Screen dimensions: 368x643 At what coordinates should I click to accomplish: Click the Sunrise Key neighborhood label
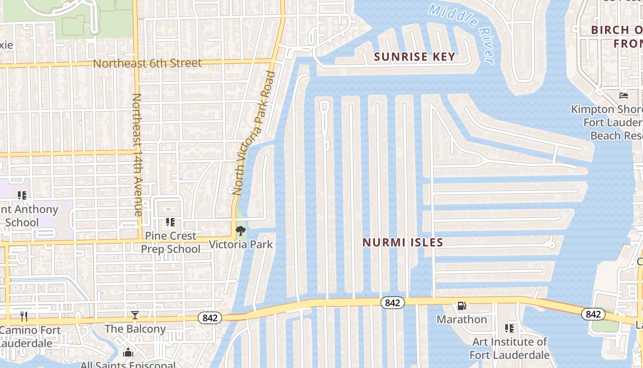click(x=414, y=57)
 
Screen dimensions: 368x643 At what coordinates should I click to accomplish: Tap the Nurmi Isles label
click(x=403, y=242)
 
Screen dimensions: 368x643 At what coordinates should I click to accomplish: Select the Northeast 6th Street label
click(x=147, y=63)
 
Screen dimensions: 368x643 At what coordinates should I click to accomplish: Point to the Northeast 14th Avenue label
click(x=137, y=155)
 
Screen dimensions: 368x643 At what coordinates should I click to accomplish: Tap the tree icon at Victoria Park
click(x=240, y=231)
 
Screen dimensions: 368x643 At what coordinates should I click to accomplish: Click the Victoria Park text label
click(x=241, y=244)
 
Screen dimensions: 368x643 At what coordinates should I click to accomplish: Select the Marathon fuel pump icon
click(x=462, y=306)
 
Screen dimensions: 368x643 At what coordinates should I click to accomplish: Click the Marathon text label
click(x=462, y=319)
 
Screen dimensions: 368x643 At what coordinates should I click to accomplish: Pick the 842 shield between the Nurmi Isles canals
click(x=392, y=302)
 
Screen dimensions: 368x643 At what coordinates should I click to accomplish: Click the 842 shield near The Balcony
click(x=210, y=317)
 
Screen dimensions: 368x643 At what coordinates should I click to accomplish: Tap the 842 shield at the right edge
click(x=593, y=314)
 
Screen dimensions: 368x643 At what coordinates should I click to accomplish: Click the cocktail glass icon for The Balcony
click(x=135, y=315)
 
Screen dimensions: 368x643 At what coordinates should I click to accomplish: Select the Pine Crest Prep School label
click(x=170, y=242)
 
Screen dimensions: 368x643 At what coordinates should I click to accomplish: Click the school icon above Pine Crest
click(x=170, y=223)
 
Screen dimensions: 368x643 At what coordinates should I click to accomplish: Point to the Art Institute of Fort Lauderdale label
click(x=509, y=348)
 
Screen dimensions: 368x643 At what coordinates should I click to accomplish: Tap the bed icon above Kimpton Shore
click(x=624, y=96)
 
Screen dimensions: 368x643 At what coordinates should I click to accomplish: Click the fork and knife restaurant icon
click(x=24, y=316)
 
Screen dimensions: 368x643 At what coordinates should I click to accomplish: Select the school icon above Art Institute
click(x=509, y=328)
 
